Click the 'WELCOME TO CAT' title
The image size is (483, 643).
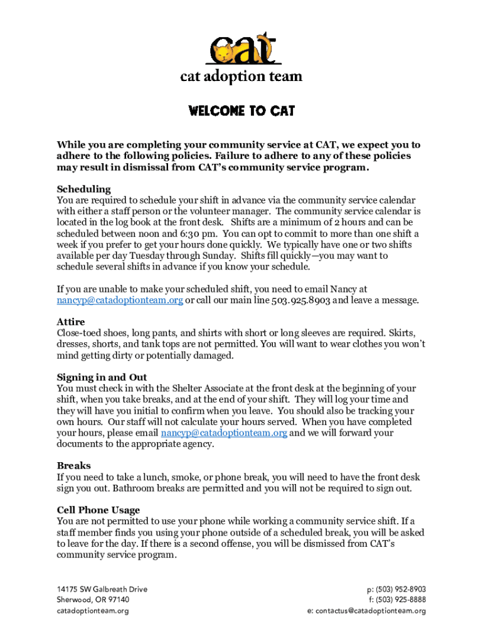[x=242, y=111]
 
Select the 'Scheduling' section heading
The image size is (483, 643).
[x=83, y=189]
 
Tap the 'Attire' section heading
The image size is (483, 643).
[x=71, y=322]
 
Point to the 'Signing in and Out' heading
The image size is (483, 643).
[x=102, y=377]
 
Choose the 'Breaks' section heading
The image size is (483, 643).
[x=73, y=466]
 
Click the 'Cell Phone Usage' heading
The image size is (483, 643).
[x=98, y=511]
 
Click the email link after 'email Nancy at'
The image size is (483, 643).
[x=120, y=300]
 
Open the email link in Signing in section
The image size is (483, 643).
[x=224, y=433]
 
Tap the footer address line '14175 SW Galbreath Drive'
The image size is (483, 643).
[x=102, y=589]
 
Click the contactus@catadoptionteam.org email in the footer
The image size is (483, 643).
[x=371, y=610]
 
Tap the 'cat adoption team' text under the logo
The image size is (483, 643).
[x=242, y=77]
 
